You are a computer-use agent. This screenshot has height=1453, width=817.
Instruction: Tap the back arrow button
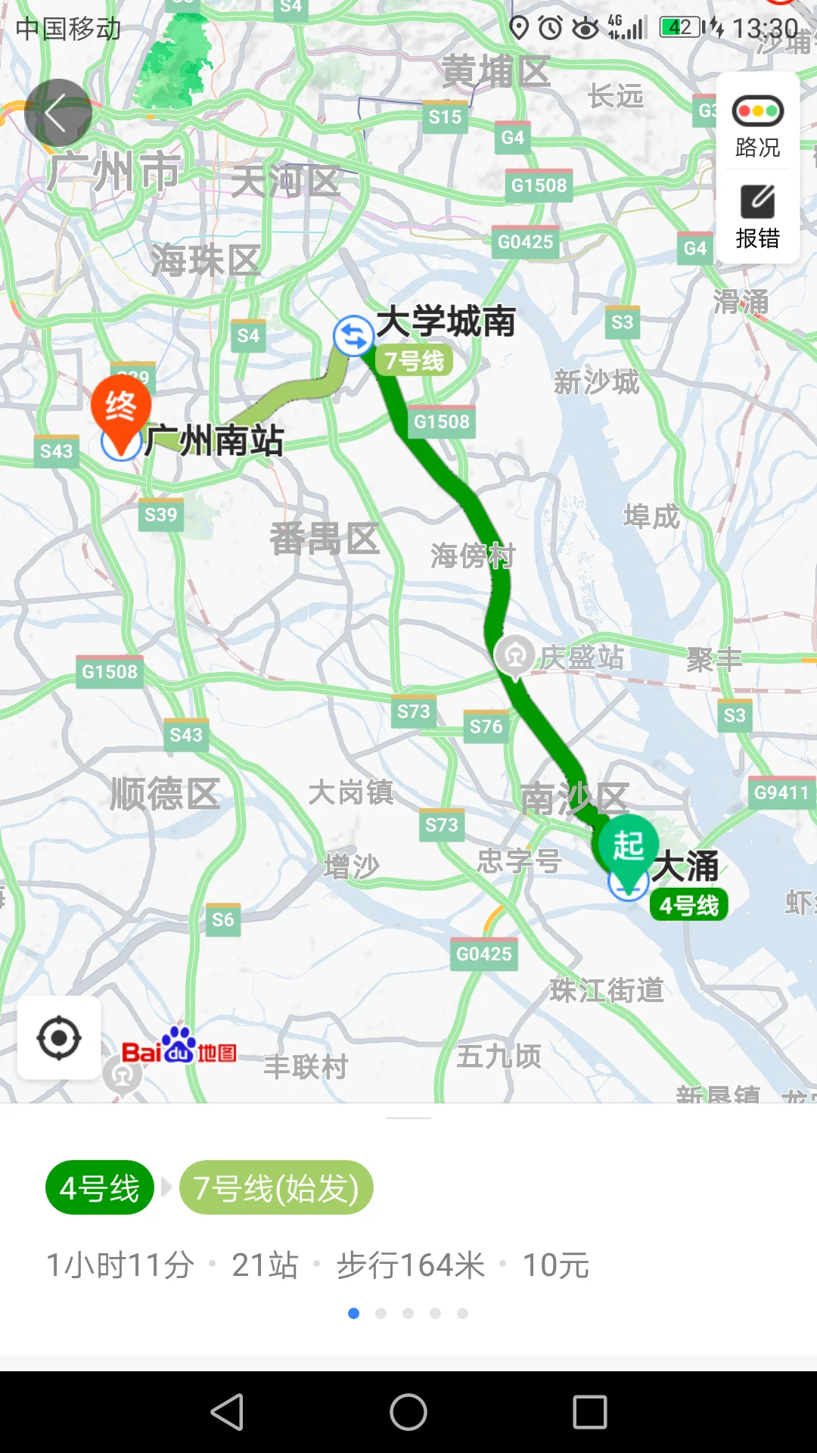click(x=57, y=114)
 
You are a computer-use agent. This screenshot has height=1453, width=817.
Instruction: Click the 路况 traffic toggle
click(x=757, y=126)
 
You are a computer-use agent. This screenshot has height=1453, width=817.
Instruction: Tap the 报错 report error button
click(x=757, y=217)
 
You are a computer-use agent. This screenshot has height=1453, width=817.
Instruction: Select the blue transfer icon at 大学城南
click(x=353, y=335)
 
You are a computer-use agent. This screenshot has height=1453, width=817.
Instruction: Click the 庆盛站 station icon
click(x=515, y=655)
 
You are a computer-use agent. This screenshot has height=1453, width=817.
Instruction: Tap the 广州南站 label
click(x=214, y=440)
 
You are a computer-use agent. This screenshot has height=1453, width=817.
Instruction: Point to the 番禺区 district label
click(x=325, y=539)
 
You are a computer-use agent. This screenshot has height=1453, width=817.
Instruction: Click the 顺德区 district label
click(x=165, y=794)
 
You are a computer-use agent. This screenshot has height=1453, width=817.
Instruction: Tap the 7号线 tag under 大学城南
click(x=414, y=361)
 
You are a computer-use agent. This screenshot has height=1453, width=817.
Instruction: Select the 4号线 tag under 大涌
click(x=688, y=905)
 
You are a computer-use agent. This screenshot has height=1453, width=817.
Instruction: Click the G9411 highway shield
click(x=781, y=792)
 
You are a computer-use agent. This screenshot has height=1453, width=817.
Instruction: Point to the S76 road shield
click(x=486, y=726)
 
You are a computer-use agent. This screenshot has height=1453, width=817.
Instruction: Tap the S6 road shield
click(x=222, y=919)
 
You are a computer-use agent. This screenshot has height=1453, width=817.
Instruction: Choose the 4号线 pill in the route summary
click(x=99, y=1188)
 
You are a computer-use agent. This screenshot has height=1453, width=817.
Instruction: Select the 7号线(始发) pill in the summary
click(x=276, y=1188)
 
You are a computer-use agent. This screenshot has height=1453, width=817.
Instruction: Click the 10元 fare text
click(x=556, y=1265)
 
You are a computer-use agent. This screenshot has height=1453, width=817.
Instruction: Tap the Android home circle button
click(x=408, y=1412)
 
